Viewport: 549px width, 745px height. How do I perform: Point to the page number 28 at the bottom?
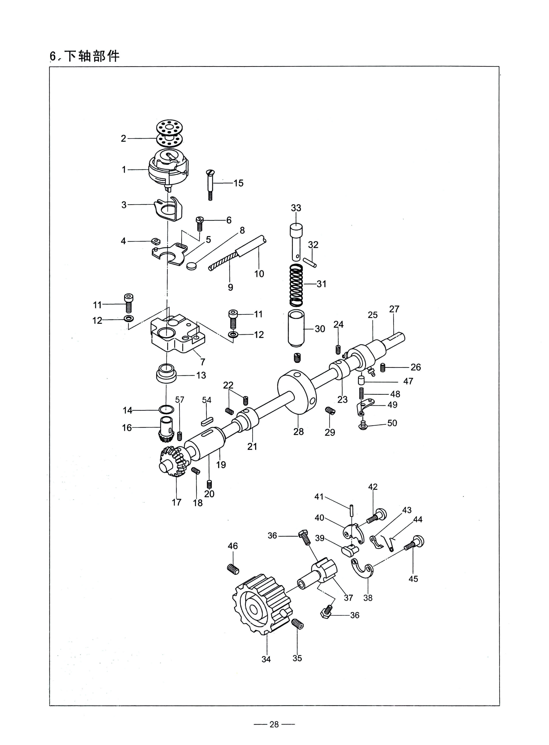click(x=274, y=724)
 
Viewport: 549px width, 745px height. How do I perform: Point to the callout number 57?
click(x=180, y=400)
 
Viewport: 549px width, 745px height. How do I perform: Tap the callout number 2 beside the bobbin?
click(x=123, y=138)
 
